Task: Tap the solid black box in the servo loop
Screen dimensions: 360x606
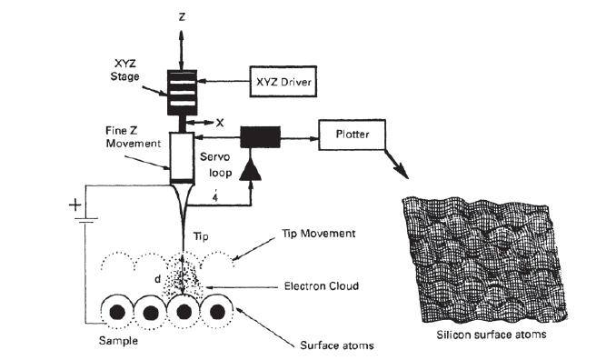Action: pos(261,138)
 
